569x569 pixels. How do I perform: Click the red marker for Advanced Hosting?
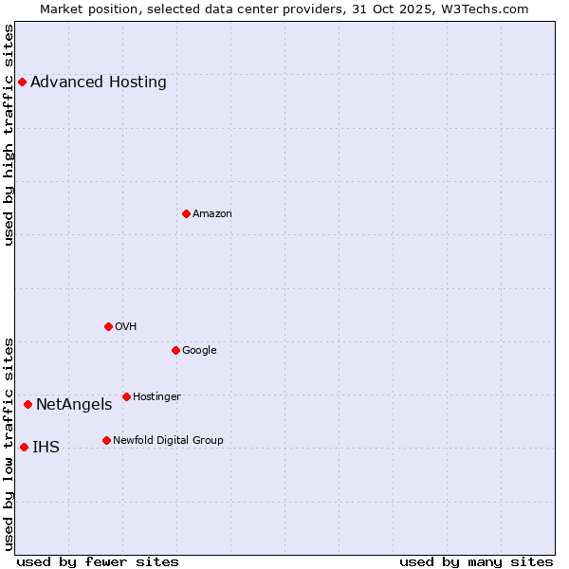click(x=22, y=83)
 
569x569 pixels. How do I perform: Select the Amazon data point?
click(x=186, y=213)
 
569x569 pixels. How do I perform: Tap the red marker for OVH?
click(x=108, y=326)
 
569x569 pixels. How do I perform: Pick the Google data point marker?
click(x=175, y=350)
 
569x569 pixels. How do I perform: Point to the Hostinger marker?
click(x=126, y=396)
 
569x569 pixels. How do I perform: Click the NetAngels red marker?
click(x=28, y=405)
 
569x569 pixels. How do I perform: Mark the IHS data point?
click(x=24, y=447)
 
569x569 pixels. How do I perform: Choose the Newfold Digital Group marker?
click(x=106, y=440)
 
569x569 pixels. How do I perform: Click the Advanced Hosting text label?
click(x=99, y=83)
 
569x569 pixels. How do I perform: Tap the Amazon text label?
click(x=212, y=213)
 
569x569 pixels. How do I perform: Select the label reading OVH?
click(x=126, y=326)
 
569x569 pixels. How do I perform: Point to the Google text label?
click(x=199, y=350)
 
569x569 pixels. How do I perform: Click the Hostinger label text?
click(x=156, y=396)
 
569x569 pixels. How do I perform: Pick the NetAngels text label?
click(x=74, y=405)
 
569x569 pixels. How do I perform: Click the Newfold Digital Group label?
click(x=168, y=440)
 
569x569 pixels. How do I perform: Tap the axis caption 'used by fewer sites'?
click(x=98, y=561)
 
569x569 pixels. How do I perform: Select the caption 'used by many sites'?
click(x=476, y=561)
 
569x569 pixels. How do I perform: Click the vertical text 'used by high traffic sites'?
click(x=9, y=134)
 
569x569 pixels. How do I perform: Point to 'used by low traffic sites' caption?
click(x=9, y=442)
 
